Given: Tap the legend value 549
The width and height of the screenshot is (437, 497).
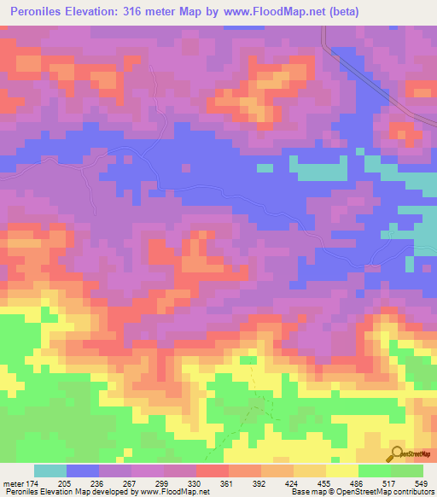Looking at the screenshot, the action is [420, 483].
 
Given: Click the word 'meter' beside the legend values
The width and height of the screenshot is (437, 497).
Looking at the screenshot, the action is [15, 483].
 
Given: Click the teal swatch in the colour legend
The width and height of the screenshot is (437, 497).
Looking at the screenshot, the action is [50, 471].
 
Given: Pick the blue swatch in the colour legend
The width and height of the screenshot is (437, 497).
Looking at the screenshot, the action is [83, 471].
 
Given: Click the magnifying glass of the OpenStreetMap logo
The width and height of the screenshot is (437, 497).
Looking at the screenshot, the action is [398, 453].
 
